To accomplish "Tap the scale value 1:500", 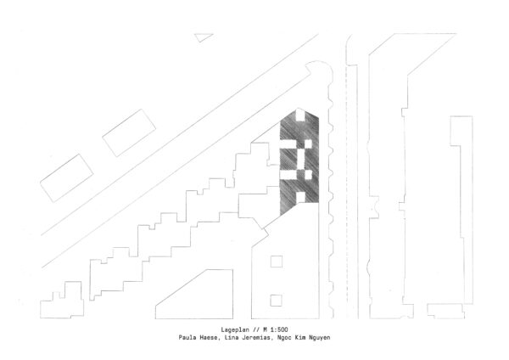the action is [x=278, y=329].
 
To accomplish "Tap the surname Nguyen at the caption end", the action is [x=320, y=338].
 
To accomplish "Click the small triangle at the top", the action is [x=203, y=37].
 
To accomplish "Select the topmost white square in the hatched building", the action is [x=300, y=115].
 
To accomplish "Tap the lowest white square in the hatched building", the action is [x=300, y=197].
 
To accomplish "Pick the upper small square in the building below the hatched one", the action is [x=277, y=262].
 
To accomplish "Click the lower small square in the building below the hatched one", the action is [x=276, y=301].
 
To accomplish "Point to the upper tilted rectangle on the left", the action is [x=129, y=133].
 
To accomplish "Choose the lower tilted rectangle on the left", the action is [x=66, y=178].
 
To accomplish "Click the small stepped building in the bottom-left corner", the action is [x=62, y=301].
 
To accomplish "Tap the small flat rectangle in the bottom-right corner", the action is [x=445, y=311].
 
